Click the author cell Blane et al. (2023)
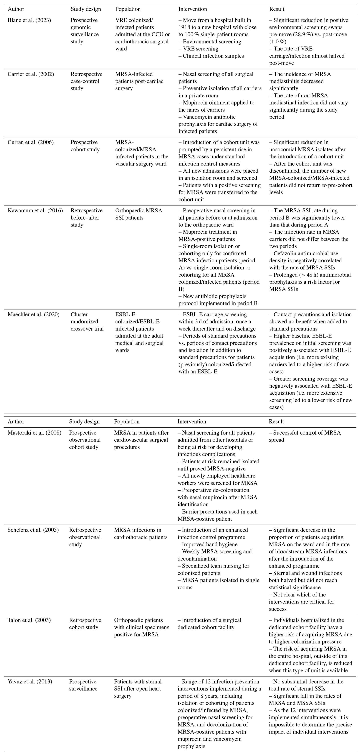[x=29, y=20]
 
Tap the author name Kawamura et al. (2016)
[x=35, y=210]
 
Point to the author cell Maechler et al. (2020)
[x=33, y=314]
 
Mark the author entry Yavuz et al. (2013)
[x=30, y=681]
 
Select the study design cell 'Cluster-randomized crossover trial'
[x=87, y=321]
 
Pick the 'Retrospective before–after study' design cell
[x=85, y=217]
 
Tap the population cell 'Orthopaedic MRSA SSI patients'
[x=139, y=214]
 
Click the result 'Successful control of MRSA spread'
[x=305, y=436]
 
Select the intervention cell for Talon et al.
[x=209, y=624]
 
